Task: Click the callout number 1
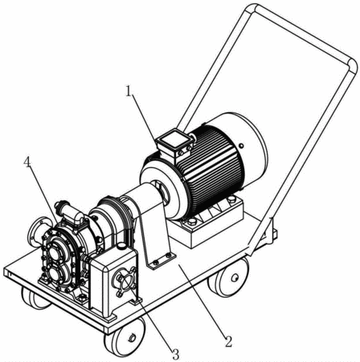[129, 92]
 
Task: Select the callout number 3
[175, 355]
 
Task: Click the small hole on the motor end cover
[241, 146]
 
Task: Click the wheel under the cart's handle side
[229, 278]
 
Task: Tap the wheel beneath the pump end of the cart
[34, 298]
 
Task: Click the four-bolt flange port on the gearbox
[125, 282]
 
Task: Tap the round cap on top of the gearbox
[122, 245]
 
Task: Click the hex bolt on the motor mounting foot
[192, 222]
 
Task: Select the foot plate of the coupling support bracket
[162, 260]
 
